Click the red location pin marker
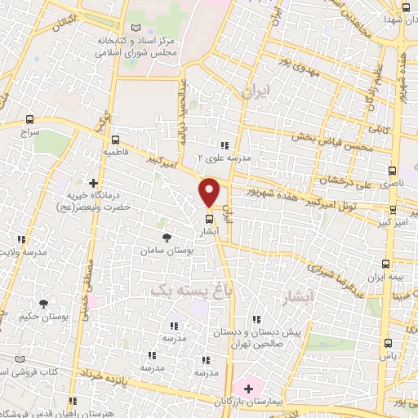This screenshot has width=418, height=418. (x=209, y=191)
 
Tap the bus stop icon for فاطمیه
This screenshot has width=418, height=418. (x=115, y=139)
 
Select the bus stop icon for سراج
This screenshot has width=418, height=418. (x=30, y=118)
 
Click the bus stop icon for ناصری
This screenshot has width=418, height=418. (x=393, y=171)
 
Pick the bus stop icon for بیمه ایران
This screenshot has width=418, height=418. (x=386, y=263)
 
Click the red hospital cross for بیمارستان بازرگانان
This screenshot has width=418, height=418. (x=238, y=386)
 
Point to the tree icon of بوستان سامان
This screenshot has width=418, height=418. (x=167, y=238)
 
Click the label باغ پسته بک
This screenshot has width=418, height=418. (x=185, y=289)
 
